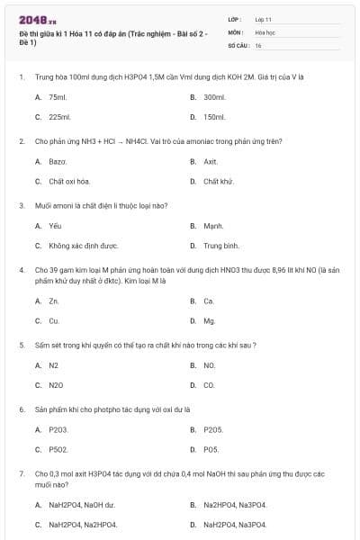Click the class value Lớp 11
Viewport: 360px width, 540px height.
[264, 19]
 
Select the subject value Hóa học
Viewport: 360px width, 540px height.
[265, 31]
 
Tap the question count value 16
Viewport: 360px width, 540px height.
[258, 44]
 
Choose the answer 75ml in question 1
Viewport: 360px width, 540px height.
[58, 96]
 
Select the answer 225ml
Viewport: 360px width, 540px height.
[59, 117]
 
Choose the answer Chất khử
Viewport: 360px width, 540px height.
[218, 181]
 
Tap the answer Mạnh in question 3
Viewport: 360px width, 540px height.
[213, 225]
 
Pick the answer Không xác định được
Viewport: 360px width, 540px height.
[84, 245]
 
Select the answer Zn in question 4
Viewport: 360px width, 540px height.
[54, 301]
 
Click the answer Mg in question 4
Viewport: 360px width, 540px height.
[210, 320]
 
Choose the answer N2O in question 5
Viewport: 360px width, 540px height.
[56, 384]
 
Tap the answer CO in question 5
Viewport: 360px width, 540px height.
[209, 384]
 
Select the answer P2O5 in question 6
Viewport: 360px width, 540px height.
[212, 429]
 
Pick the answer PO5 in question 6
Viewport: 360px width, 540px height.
[211, 449]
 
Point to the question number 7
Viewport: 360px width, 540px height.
[21, 472]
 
